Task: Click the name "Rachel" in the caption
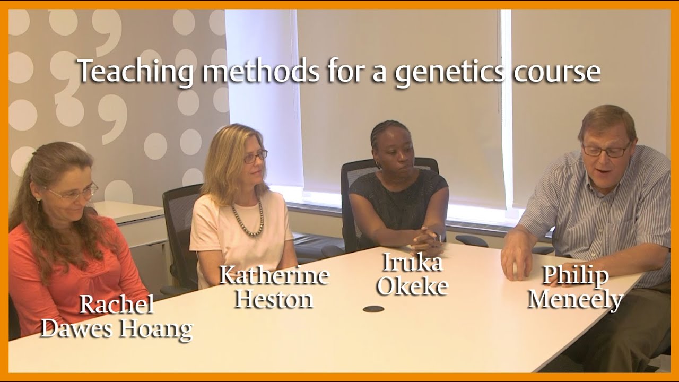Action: (x=117, y=305)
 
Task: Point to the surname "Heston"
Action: (x=274, y=299)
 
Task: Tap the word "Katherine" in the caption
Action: (x=274, y=275)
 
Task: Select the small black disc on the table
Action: (x=373, y=309)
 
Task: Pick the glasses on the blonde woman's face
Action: (x=255, y=157)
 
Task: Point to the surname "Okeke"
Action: (x=412, y=286)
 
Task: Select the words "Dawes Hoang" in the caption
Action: (x=117, y=328)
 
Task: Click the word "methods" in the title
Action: (x=261, y=72)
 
